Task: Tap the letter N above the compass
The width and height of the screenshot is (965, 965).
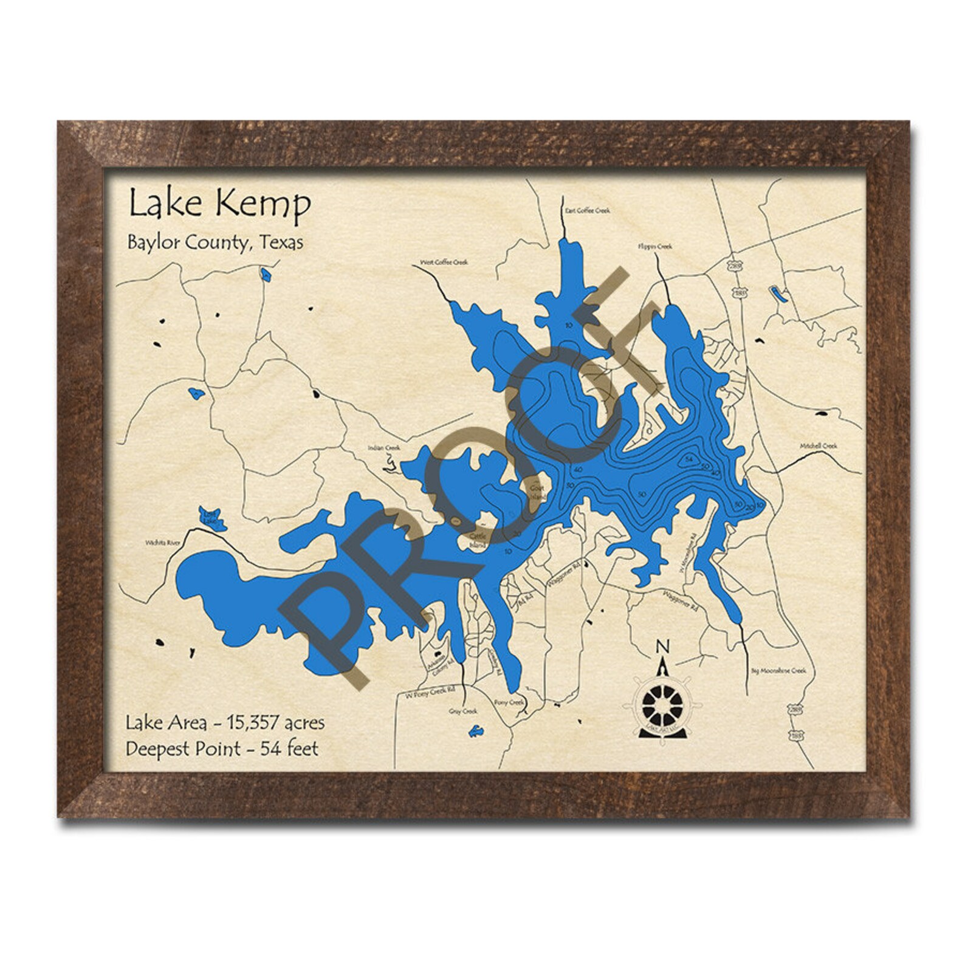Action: point(664,646)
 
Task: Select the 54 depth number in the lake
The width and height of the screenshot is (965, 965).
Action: point(689,458)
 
